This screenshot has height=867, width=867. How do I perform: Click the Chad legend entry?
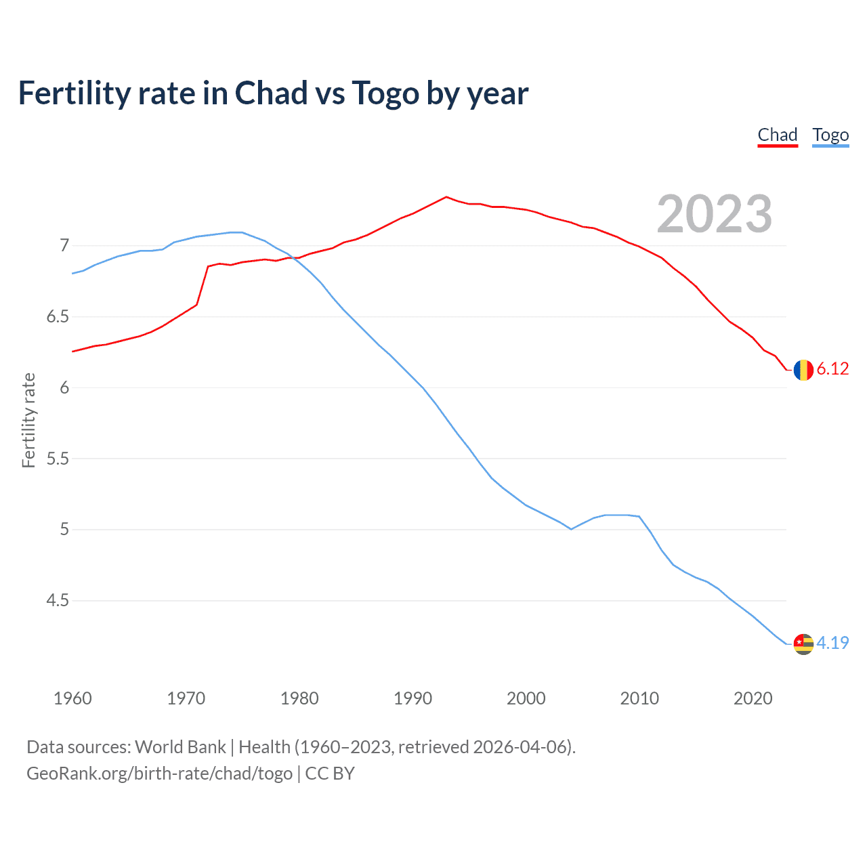pos(777,135)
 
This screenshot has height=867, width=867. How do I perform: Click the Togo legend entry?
pos(830,135)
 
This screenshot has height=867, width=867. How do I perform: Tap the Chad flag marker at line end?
pos(803,370)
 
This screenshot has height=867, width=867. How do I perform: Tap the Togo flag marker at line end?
pos(803,643)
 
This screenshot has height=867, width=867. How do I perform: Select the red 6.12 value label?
pos(832,369)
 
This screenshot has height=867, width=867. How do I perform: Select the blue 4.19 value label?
pos(832,643)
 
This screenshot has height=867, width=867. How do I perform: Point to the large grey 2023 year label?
pos(714,214)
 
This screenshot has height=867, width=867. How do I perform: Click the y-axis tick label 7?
pos(64,245)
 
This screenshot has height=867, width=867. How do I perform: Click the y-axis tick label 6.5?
pos(58,316)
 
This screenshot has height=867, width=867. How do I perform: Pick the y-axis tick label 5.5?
pos(58,459)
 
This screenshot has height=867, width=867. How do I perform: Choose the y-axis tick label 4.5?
pos(58,601)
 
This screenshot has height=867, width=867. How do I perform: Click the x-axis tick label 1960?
pos(72,698)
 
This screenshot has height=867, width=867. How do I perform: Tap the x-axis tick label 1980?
pos(299,698)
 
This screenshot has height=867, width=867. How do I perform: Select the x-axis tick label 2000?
pos(526,698)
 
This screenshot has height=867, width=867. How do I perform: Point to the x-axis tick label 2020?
pos(753,698)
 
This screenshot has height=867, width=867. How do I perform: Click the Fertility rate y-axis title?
pos(28,420)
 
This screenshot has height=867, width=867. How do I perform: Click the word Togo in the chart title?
pos(385,93)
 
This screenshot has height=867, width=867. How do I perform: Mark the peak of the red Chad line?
pos(446,197)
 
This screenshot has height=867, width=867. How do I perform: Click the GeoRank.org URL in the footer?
pos(159,774)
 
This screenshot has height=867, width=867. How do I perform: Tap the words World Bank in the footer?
pos(180,747)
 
